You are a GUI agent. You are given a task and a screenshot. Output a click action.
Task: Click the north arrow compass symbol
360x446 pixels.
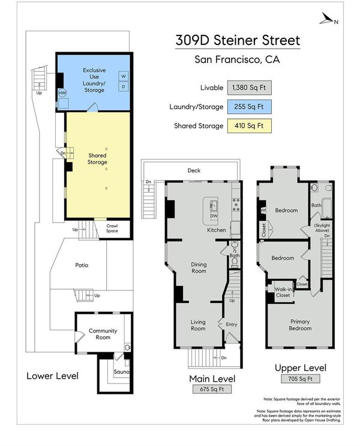pos(328,19)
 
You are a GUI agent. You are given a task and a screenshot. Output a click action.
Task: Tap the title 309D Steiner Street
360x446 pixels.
pos(238,40)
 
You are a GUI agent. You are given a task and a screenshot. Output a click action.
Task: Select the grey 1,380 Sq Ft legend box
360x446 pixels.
pos(249,88)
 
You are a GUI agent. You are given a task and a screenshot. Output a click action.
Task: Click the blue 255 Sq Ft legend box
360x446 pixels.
pos(249,107)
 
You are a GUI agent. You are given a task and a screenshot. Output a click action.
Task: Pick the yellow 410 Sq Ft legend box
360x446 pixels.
pos(249,125)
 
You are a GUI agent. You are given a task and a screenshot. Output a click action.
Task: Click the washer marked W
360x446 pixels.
pos(124,76)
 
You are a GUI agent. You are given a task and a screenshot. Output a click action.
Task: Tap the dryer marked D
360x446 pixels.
pos(124,86)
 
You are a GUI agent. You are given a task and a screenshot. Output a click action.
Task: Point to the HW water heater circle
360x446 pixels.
pos(62,92)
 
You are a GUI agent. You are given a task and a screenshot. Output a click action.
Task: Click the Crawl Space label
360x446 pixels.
pos(112,228)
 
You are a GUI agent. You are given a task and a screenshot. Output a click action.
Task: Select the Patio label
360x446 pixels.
pos(82,265)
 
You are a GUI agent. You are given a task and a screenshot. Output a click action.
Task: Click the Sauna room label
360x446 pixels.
pos(121,372)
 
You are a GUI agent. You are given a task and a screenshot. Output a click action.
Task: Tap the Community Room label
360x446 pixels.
pos(103,334)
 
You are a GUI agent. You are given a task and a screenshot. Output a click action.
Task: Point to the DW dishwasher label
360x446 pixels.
pos(214,216)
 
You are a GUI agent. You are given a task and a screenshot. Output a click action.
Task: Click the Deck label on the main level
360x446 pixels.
pos(194,170)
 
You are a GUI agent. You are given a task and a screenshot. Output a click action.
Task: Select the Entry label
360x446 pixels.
pos(232,324)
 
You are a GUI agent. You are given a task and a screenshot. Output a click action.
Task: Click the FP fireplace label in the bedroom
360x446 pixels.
pos(263,211)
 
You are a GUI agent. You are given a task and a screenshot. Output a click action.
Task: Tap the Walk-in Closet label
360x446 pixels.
pos(283,292)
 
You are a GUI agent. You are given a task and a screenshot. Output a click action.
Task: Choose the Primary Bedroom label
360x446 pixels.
pos(300,325)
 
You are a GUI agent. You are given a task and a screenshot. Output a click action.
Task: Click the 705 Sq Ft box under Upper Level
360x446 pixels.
pos(300,379)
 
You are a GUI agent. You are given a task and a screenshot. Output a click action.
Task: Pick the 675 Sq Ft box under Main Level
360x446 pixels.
pos(212,389)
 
